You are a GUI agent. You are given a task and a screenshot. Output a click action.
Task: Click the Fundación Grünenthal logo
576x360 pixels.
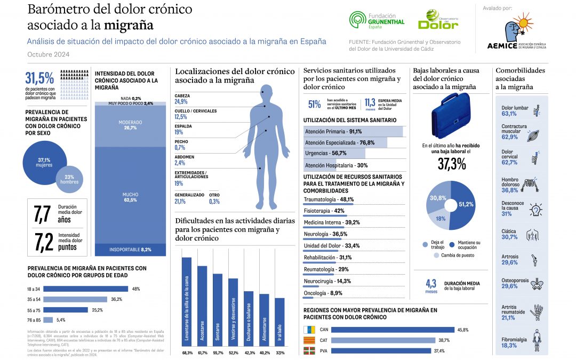coord(377,21)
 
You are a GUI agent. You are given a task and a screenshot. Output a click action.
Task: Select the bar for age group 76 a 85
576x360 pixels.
coord(48,319)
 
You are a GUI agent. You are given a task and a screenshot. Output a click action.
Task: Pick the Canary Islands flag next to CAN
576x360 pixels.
coord(310,330)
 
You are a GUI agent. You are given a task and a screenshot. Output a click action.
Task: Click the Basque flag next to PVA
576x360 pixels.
coord(310,350)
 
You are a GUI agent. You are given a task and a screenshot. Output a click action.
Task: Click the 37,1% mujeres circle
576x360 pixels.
coord(44,162)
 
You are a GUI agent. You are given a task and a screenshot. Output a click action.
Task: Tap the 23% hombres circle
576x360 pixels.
coord(69,179)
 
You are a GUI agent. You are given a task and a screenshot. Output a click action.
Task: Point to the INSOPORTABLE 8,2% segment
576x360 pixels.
coord(130,249)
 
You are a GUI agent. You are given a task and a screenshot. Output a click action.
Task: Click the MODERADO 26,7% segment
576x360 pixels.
coord(130,125)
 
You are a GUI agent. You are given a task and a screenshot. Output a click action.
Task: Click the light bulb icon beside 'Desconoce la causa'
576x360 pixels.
coord(535,210)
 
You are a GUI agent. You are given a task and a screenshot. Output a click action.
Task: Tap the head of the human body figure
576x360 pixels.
coord(265,91)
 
